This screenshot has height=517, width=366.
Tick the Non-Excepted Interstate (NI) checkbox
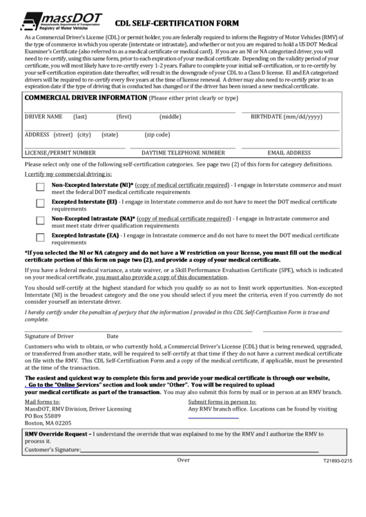coord(40,187)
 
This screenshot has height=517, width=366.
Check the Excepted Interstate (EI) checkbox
coord(40,204)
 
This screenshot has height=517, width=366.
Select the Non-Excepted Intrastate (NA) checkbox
coord(40,220)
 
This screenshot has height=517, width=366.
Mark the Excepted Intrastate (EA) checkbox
coord(40,237)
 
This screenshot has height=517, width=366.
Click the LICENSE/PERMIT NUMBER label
coord(60,153)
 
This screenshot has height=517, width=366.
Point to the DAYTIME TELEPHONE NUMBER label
coord(183,153)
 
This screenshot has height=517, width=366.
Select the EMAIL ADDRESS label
coord(289,153)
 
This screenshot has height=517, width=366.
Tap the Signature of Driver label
coord(49,336)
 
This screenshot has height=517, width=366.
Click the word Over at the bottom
coord(183,459)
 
